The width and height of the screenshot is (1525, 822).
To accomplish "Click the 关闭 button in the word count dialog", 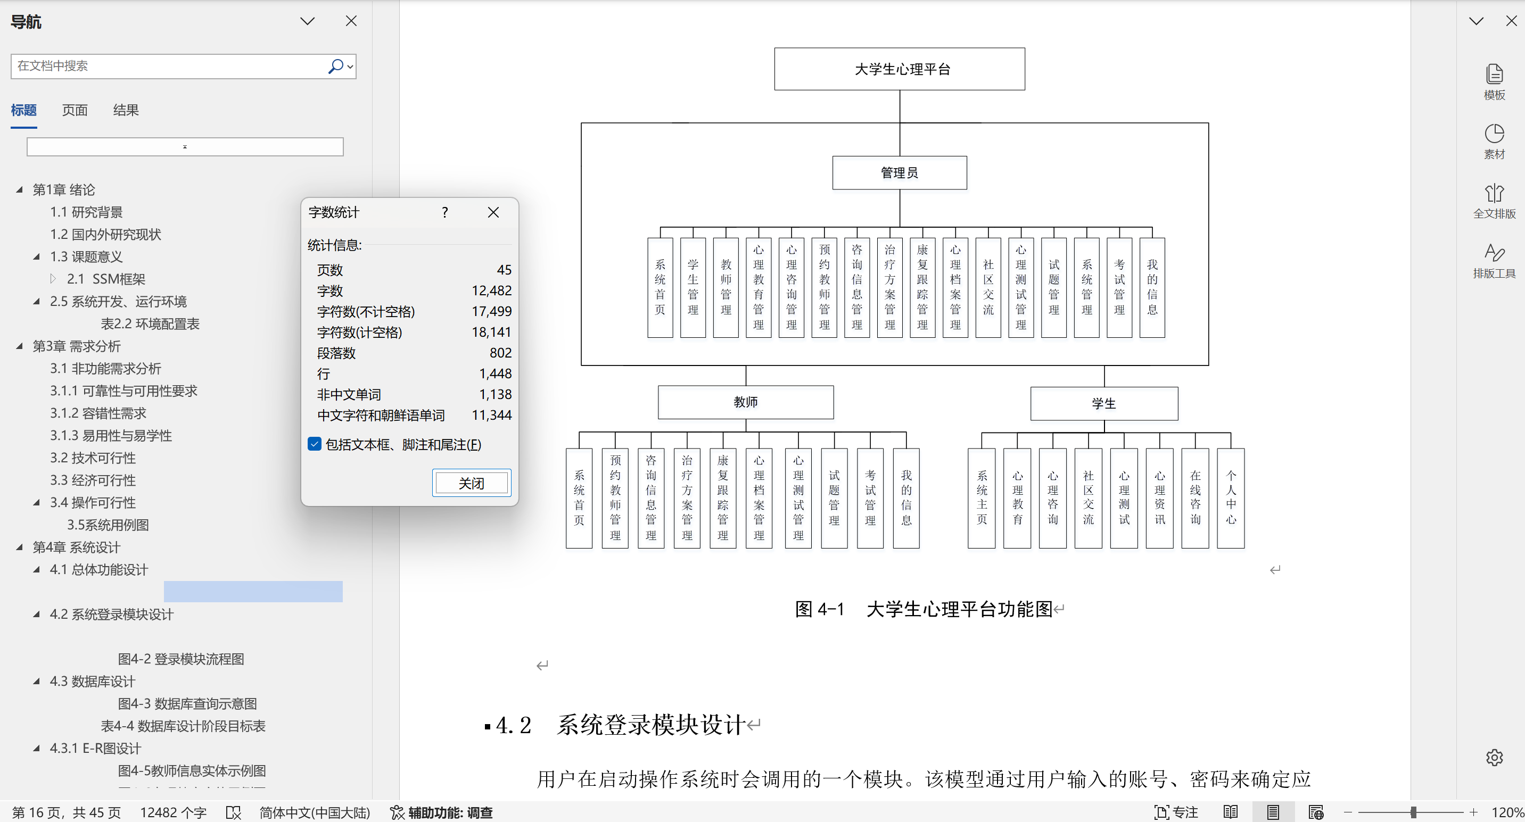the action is pos(471,483).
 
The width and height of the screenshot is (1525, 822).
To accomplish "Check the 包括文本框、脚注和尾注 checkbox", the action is pos(315,444).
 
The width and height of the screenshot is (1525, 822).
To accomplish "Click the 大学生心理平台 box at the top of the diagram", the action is pos(899,69).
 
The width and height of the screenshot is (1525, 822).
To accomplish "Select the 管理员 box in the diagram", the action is pos(899,173).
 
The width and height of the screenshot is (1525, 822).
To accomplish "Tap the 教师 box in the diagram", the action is pos(745,402).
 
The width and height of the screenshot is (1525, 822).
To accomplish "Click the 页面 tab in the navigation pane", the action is pos(75,110).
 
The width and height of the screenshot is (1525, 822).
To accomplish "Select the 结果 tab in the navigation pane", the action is pos(126,110).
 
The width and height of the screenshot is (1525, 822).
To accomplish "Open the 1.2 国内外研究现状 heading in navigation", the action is pos(105,234).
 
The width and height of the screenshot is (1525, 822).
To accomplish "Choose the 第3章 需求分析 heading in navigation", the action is pos(76,346).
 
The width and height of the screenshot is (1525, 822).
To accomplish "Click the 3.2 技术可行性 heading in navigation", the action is pos(93,458).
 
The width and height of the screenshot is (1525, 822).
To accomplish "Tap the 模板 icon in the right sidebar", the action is pos(1494,81).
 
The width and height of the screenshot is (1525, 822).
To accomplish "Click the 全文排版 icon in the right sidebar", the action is pos(1494,201).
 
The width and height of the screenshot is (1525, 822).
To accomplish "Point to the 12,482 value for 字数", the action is pos(491,290).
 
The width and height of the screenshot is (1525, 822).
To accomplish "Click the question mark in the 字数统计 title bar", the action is pos(444,212).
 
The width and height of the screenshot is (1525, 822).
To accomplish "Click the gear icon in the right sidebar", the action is pos(1494,757).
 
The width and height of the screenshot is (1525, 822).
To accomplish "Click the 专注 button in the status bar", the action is pos(1176,812).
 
